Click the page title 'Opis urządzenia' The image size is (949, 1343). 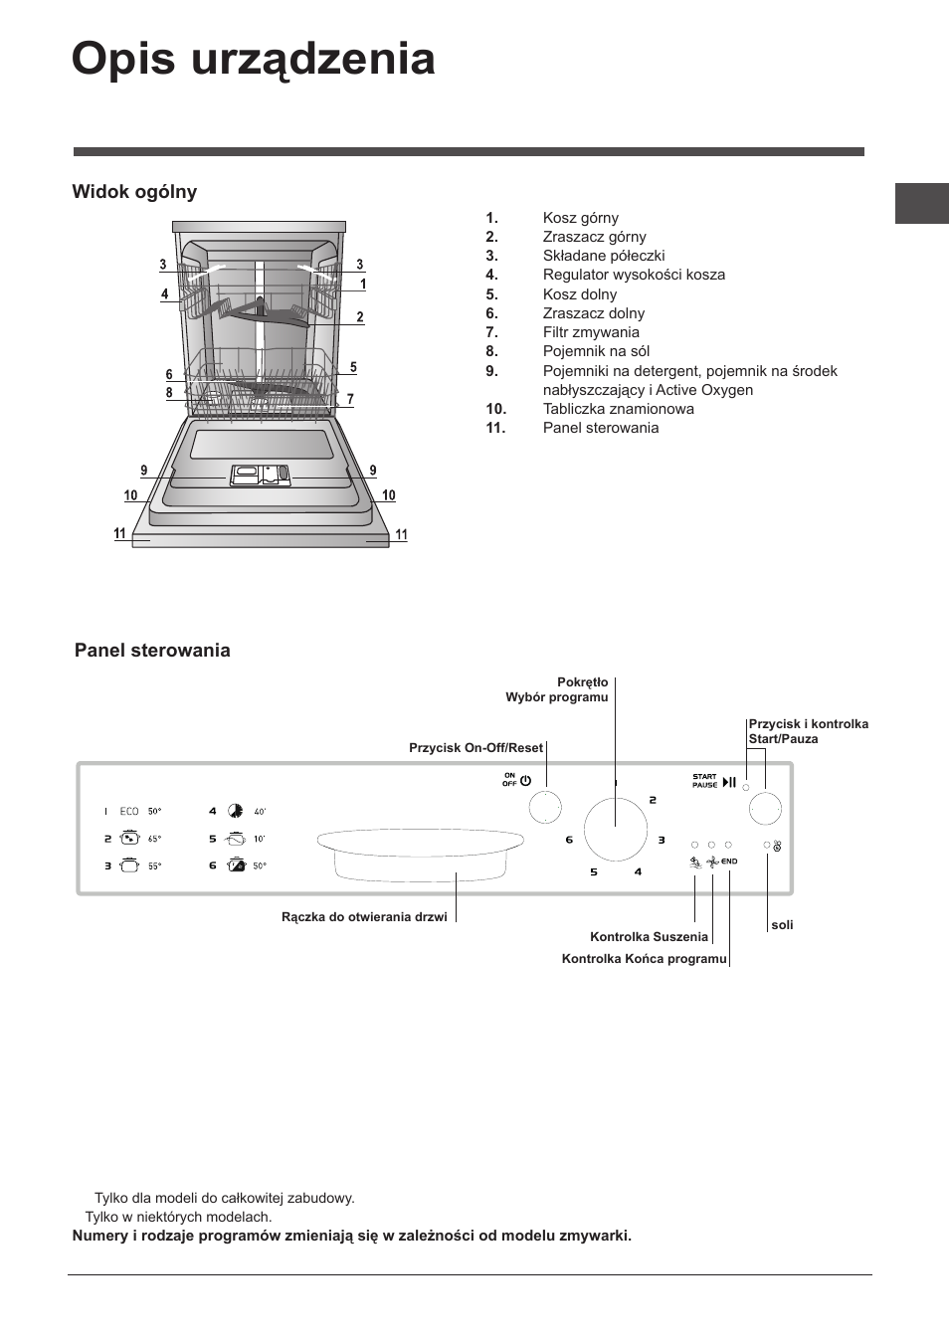pos(253,60)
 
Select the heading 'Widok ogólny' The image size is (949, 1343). pos(134,192)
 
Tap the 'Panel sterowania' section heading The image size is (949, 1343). pos(152,651)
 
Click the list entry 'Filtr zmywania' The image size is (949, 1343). pos(590,332)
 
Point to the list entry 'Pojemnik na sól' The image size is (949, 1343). pos(596,351)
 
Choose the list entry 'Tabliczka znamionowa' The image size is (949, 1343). pos(618,409)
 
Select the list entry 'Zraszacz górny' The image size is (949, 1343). pos(594,237)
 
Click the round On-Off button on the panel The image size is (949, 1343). pos(545,808)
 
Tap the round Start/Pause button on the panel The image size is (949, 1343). pos(765,809)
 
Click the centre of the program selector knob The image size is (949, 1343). pos(615,828)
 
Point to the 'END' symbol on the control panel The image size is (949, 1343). pos(729,862)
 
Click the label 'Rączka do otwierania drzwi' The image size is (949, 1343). pos(364,917)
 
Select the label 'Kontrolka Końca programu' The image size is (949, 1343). pos(644,959)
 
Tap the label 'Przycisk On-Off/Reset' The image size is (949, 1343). pos(475,748)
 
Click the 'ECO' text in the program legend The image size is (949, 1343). pos(129,812)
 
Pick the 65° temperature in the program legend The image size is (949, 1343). pos(154,839)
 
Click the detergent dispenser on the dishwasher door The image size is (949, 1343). pos(260,476)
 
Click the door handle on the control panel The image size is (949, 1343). pos(420,853)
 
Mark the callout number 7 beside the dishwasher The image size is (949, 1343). pos(350,399)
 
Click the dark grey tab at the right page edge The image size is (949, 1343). pos(921,204)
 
